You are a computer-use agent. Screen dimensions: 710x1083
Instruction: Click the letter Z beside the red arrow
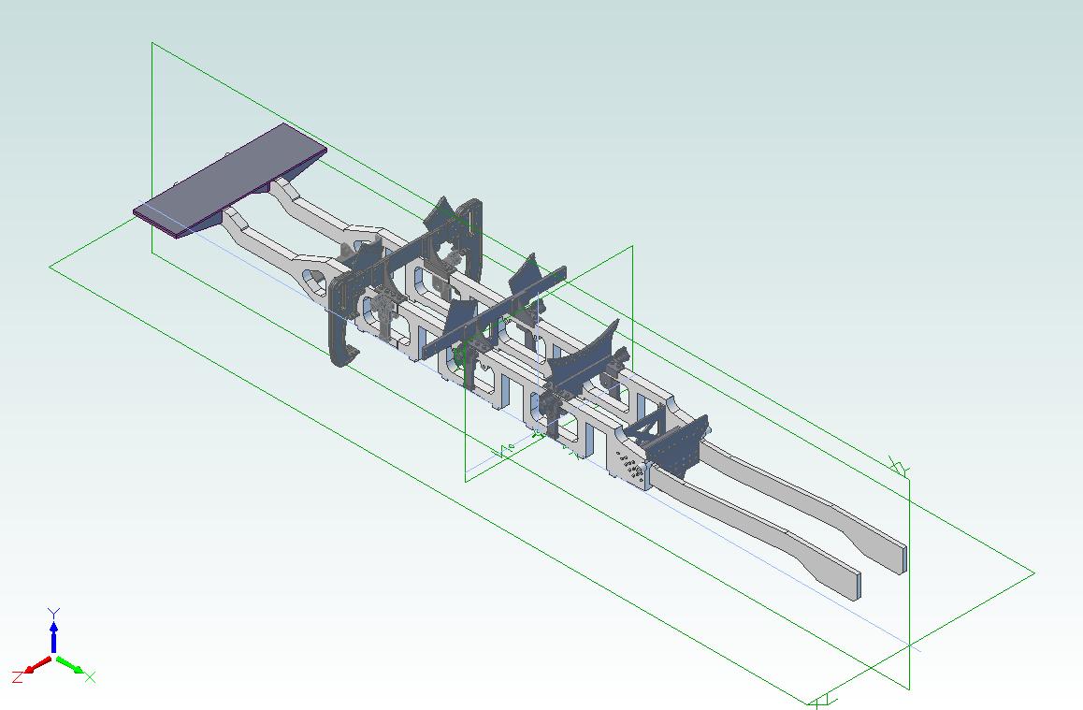pyautogui.click(x=18, y=675)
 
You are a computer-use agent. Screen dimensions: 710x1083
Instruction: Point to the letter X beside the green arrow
pyautogui.click(x=91, y=677)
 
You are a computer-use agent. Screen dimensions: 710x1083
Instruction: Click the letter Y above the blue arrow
pyautogui.click(x=54, y=614)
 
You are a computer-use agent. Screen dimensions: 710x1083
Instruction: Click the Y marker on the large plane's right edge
pyautogui.click(x=899, y=467)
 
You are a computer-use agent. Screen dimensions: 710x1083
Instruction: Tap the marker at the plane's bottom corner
pyautogui.click(x=821, y=701)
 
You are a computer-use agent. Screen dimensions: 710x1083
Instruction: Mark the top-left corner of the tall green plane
pyautogui.click(x=152, y=43)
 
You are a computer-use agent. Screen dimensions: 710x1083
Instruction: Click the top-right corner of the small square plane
pyautogui.click(x=632, y=247)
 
